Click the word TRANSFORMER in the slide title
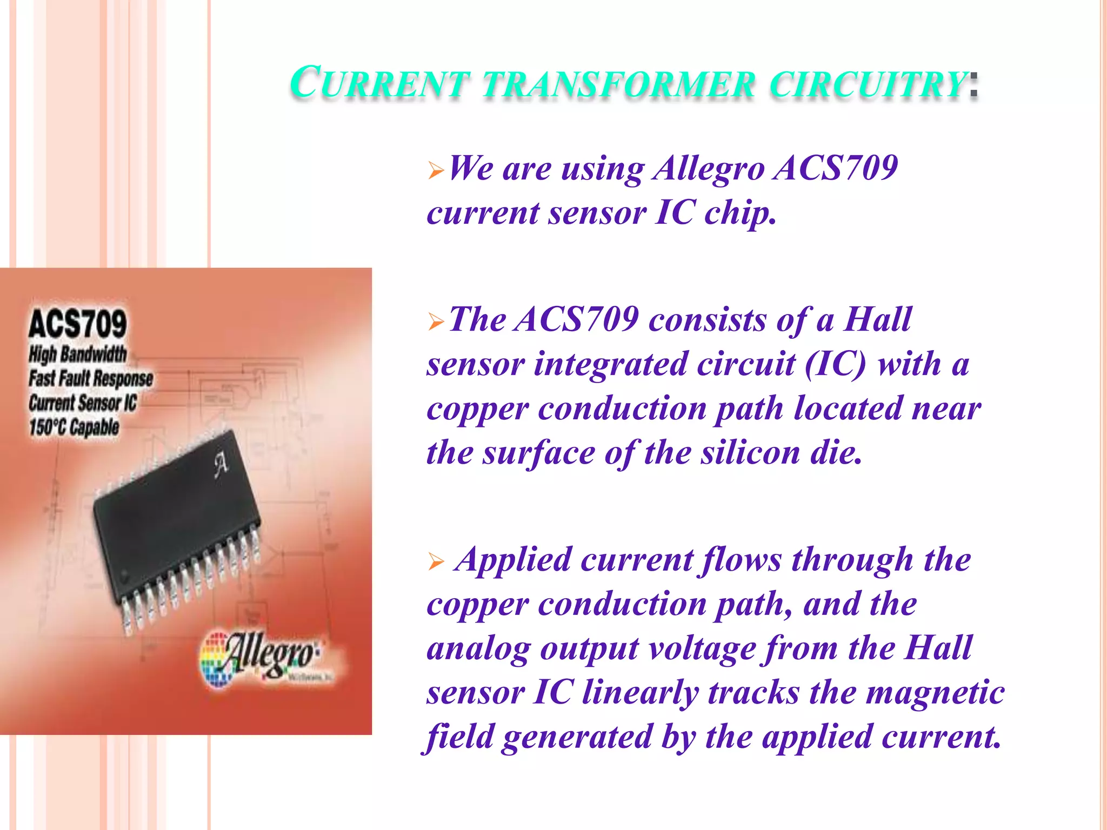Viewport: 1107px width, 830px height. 619,85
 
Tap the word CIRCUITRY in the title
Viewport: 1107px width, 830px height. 868,85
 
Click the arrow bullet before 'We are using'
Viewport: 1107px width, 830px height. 436,172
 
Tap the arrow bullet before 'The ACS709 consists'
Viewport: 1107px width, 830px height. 436,323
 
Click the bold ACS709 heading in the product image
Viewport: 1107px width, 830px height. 78,323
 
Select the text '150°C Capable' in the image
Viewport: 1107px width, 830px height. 74,427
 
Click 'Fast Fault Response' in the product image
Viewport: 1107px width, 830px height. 91,378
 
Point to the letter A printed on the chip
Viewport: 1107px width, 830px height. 221,465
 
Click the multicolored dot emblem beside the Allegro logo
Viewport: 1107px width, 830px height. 216,662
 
